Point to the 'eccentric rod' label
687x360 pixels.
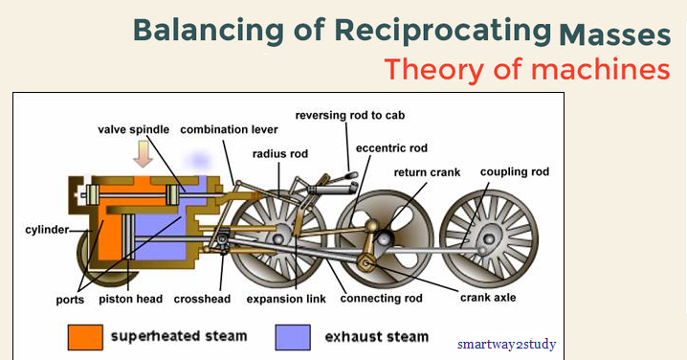click(x=391, y=148)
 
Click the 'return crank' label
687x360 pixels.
click(x=428, y=172)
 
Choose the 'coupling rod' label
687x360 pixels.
click(x=513, y=172)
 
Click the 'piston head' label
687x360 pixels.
click(x=129, y=299)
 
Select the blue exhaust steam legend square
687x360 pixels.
click(x=291, y=337)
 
